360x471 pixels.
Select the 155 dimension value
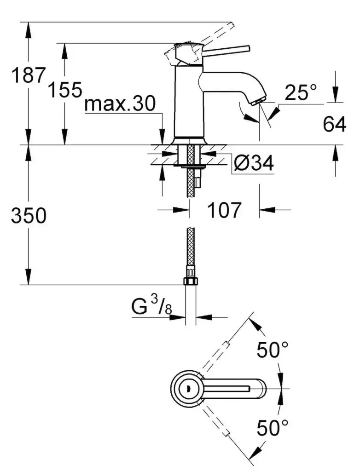tap(65, 89)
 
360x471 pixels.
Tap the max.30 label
tap(120, 103)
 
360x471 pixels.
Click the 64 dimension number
tap(334, 124)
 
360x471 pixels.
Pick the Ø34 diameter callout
tap(254, 164)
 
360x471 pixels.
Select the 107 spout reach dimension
tap(224, 210)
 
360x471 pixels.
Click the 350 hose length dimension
tap(29, 215)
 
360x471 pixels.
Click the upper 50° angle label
tap(273, 350)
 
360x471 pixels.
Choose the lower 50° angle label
tap(273, 428)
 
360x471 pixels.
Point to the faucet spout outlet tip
tap(258, 101)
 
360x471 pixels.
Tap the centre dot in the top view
tap(189, 387)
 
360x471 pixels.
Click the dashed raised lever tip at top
tap(231, 25)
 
